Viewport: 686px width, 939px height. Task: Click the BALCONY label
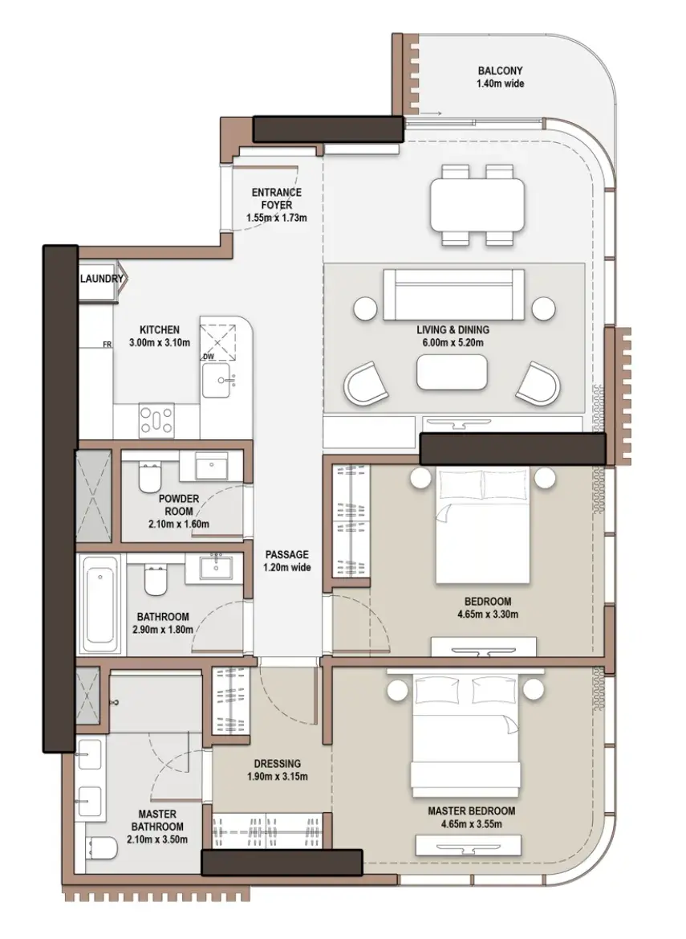tap(501, 71)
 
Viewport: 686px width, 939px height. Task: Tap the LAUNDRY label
tap(102, 279)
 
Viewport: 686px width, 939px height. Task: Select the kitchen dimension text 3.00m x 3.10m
tap(160, 343)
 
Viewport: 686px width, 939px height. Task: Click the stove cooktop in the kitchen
tap(156, 420)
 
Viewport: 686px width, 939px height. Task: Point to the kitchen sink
tap(220, 380)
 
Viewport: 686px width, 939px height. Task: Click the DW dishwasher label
tap(208, 357)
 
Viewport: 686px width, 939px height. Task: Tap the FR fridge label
tap(107, 345)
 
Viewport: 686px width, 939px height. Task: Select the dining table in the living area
tap(477, 205)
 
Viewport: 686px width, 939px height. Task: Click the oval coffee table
tap(452, 373)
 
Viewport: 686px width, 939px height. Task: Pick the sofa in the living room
tap(454, 295)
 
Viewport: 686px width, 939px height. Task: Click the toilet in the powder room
tap(149, 476)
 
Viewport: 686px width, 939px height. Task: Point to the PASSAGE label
tap(287, 554)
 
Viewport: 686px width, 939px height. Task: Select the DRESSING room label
tap(278, 764)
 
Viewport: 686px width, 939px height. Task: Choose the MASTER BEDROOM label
tap(471, 810)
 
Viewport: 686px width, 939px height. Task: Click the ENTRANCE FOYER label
tap(276, 198)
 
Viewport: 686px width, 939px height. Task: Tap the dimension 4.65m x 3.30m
tap(488, 614)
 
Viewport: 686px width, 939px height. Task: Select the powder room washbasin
tap(212, 466)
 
